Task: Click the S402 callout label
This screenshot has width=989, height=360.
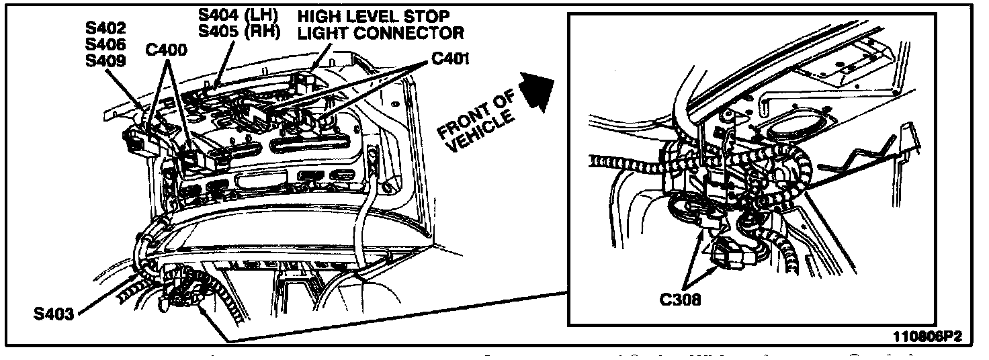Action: (106, 29)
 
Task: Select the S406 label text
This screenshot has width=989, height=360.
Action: (106, 44)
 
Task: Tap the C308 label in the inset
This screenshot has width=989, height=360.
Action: (680, 300)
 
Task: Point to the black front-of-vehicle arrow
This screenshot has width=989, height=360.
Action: (535, 89)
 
